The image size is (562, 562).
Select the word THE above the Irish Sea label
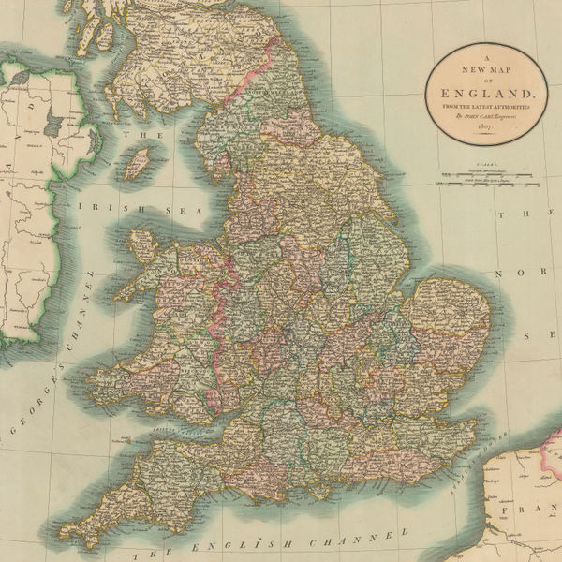pyautogui.click(x=138, y=135)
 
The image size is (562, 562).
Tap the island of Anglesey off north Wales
pyautogui.click(x=143, y=246)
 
